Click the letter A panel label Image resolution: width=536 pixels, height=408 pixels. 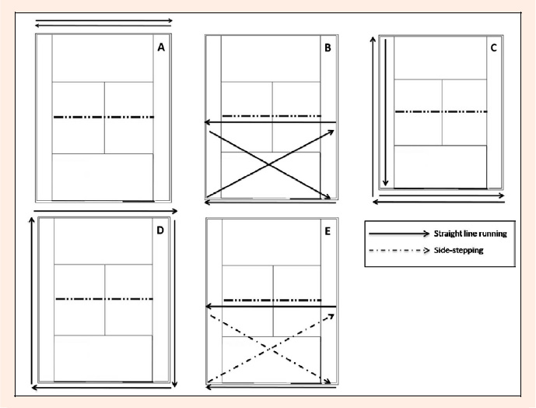coord(161,47)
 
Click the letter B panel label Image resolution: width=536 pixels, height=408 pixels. coord(328,48)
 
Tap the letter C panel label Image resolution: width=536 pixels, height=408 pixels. coord(494,48)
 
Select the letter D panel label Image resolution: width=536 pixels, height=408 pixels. coord(160,230)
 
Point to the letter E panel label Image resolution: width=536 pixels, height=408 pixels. coord(328,231)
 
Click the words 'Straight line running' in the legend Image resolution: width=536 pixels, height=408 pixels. coord(471,234)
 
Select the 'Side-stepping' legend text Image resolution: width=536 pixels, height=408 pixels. coord(459,250)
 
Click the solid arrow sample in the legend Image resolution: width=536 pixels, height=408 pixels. coord(399,234)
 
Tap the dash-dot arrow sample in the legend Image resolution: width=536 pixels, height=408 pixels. coord(399,250)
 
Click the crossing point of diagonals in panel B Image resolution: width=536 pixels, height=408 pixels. coord(269,165)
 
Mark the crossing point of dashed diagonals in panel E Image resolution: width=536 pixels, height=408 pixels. coord(270,349)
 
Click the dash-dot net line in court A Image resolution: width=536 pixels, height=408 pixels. coord(104,117)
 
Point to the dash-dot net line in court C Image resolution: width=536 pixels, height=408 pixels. coord(441,111)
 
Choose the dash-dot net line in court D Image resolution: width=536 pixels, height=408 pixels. coord(104,299)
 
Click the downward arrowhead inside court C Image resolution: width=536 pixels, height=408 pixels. coord(386,183)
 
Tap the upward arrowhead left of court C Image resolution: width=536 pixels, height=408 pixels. coord(373,40)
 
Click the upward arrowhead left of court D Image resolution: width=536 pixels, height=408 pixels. coord(32,221)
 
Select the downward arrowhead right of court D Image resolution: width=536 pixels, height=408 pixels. coord(175,384)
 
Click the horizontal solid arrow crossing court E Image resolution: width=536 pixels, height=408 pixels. coord(271,306)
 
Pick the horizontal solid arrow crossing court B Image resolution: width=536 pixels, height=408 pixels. coord(270,121)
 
